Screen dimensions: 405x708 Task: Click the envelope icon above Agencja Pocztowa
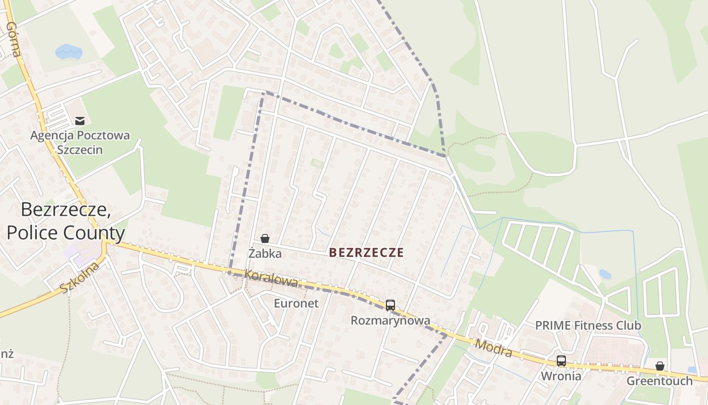(x=80, y=120)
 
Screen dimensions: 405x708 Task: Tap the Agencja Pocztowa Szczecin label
(x=80, y=143)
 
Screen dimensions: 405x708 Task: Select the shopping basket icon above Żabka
(x=264, y=238)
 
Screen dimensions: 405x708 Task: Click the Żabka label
(x=265, y=254)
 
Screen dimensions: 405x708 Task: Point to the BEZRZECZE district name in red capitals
(x=367, y=253)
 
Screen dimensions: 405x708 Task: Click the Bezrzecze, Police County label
(x=66, y=221)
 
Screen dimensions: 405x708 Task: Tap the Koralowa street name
(x=271, y=278)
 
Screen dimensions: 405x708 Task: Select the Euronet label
(x=296, y=303)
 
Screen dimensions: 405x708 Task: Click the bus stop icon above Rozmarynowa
(x=390, y=305)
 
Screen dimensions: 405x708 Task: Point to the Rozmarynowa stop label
(x=390, y=320)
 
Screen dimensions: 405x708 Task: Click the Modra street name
(x=494, y=348)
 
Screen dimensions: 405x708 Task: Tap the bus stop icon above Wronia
(x=561, y=360)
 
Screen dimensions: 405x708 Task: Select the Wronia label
(x=561, y=376)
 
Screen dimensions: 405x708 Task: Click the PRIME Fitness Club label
(x=588, y=326)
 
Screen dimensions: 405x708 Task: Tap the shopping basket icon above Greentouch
(x=659, y=366)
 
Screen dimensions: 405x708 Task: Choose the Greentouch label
(x=659, y=381)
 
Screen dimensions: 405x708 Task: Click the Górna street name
(x=14, y=39)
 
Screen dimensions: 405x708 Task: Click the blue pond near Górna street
(x=68, y=51)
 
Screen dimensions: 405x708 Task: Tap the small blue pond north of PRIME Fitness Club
(x=604, y=274)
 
